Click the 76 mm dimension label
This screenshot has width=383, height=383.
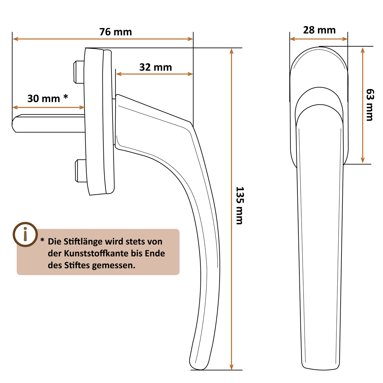point(116,32)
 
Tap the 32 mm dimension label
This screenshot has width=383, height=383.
point(156,67)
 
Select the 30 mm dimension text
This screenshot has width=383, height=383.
point(44,99)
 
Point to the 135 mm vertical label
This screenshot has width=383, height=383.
point(239,206)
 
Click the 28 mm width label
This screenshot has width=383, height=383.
point(319,30)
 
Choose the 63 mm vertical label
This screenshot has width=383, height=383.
point(370,105)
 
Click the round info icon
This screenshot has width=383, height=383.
point(25,235)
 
